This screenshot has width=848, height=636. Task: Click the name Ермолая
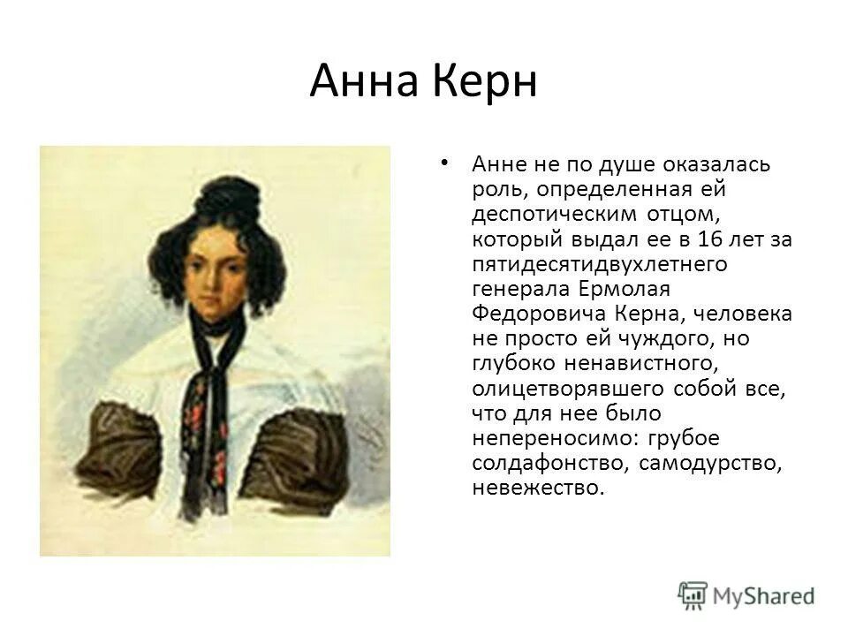(627, 288)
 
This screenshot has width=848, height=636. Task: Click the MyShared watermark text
(765, 595)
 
